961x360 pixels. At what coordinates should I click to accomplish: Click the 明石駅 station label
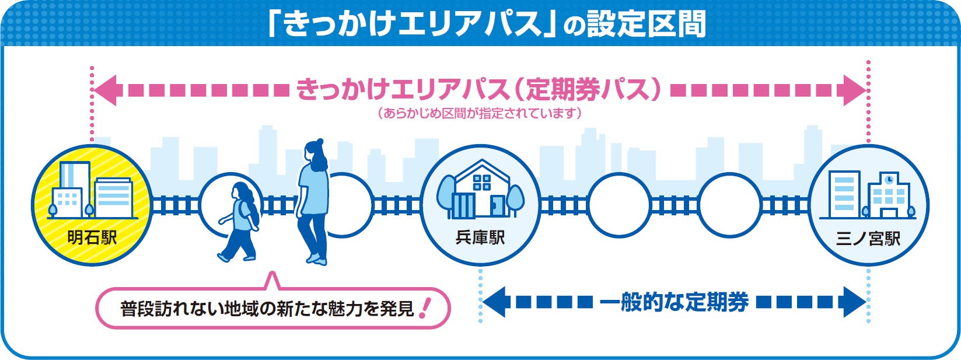[92, 238]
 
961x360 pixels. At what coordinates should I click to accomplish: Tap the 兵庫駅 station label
[480, 238]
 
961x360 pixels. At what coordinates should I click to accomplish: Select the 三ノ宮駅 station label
[868, 238]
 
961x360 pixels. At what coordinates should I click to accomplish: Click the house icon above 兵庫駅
[481, 189]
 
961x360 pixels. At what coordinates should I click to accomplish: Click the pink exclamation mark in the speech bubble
[424, 307]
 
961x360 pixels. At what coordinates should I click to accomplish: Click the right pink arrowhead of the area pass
[854, 90]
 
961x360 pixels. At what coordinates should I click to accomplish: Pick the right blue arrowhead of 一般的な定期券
[854, 302]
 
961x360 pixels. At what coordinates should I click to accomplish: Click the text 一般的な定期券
[674, 302]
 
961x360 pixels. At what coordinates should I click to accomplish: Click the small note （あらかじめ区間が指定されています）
[480, 113]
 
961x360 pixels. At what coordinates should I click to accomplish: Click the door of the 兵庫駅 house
[497, 207]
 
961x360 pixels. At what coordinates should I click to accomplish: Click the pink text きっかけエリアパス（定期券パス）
[480, 90]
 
